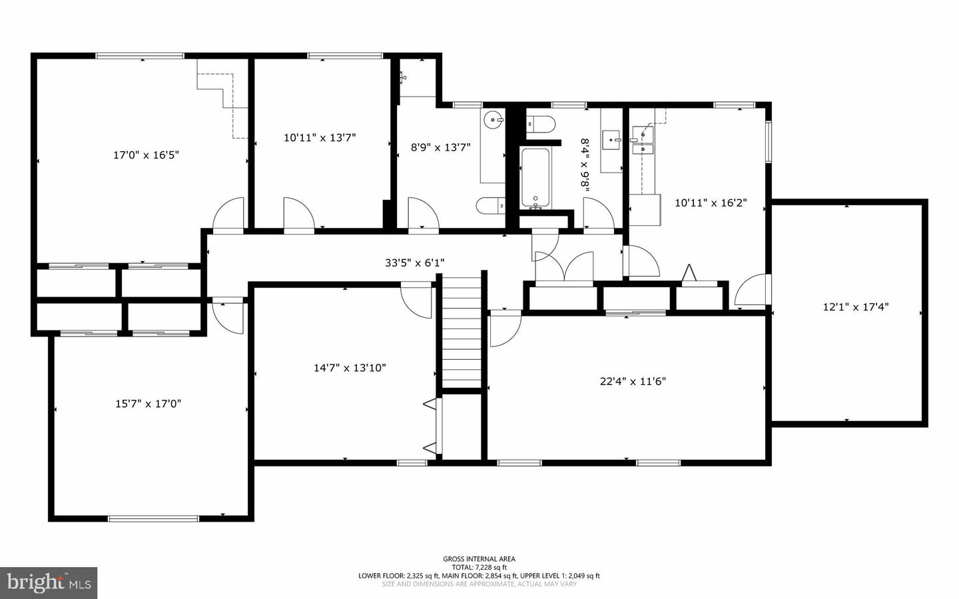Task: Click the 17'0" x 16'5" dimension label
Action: click(x=146, y=155)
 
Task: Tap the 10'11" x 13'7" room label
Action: click(x=320, y=138)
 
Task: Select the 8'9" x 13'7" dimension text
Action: click(x=440, y=147)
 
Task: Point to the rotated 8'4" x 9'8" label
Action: click(x=585, y=166)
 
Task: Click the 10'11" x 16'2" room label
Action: click(x=711, y=203)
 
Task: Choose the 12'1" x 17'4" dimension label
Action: click(x=856, y=307)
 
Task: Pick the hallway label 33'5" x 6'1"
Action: click(x=414, y=263)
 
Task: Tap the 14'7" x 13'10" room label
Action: click(x=350, y=368)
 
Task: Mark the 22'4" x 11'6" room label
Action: click(x=633, y=382)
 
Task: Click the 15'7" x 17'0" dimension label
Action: click(x=148, y=404)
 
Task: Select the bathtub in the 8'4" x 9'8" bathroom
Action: click(x=535, y=177)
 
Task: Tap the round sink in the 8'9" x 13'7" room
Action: click(x=493, y=121)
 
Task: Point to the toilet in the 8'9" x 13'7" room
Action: click(x=491, y=206)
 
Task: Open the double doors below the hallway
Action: click(x=564, y=268)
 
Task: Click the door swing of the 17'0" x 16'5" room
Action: click(x=228, y=215)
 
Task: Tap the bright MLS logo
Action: click(x=49, y=583)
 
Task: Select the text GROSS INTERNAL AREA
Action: click(x=479, y=559)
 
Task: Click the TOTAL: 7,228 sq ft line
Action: click(x=479, y=568)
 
